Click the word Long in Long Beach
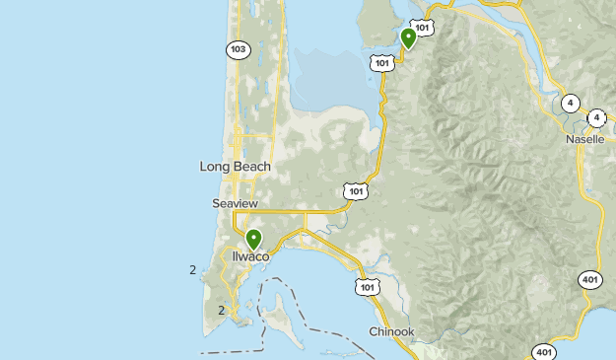215,167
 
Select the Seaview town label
235,203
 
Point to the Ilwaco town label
250,256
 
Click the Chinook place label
391,331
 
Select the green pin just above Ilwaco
253,239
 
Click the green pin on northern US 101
408,38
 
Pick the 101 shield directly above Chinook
366,287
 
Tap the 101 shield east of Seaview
355,189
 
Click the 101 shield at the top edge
422,27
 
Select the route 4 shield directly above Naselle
595,117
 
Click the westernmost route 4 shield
570,103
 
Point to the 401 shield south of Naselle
588,279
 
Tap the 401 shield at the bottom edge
543,351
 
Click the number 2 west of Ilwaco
192,269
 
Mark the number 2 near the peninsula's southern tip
221,310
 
